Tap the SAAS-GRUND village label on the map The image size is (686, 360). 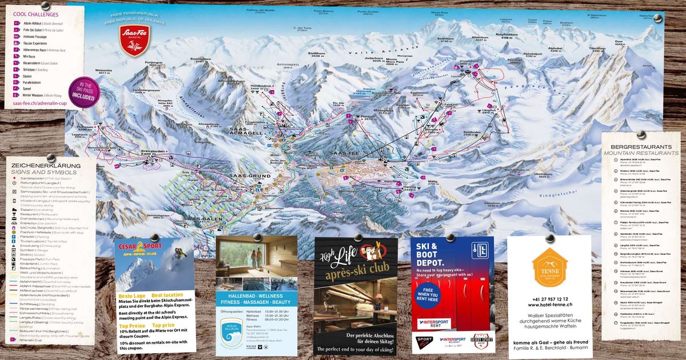[x=250, y=175]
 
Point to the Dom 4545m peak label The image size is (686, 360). [x=619, y=43]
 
